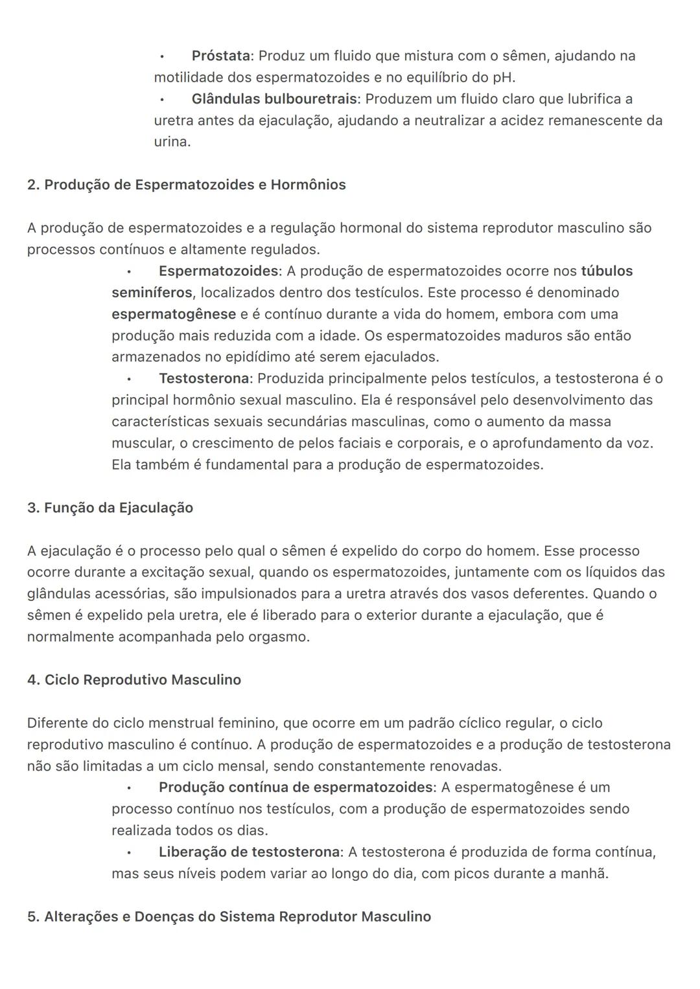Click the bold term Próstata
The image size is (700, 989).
(x=220, y=56)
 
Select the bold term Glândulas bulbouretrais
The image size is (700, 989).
(x=274, y=99)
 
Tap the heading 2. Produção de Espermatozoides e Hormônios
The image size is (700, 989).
(x=186, y=185)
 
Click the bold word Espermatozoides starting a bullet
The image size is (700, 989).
(x=218, y=271)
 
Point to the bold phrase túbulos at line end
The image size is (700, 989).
(x=607, y=271)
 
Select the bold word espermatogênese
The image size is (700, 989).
(x=174, y=314)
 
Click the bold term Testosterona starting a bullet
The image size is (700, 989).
(x=204, y=378)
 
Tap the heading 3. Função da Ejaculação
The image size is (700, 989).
(x=110, y=508)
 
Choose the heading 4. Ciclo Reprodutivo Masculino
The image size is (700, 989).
(x=134, y=680)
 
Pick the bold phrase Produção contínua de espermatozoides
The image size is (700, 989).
(x=296, y=788)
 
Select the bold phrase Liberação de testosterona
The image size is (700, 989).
(x=249, y=852)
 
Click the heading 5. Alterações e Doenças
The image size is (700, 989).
(x=229, y=916)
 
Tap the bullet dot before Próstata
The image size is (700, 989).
(x=162, y=56)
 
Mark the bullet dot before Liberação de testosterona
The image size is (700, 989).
(x=129, y=852)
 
